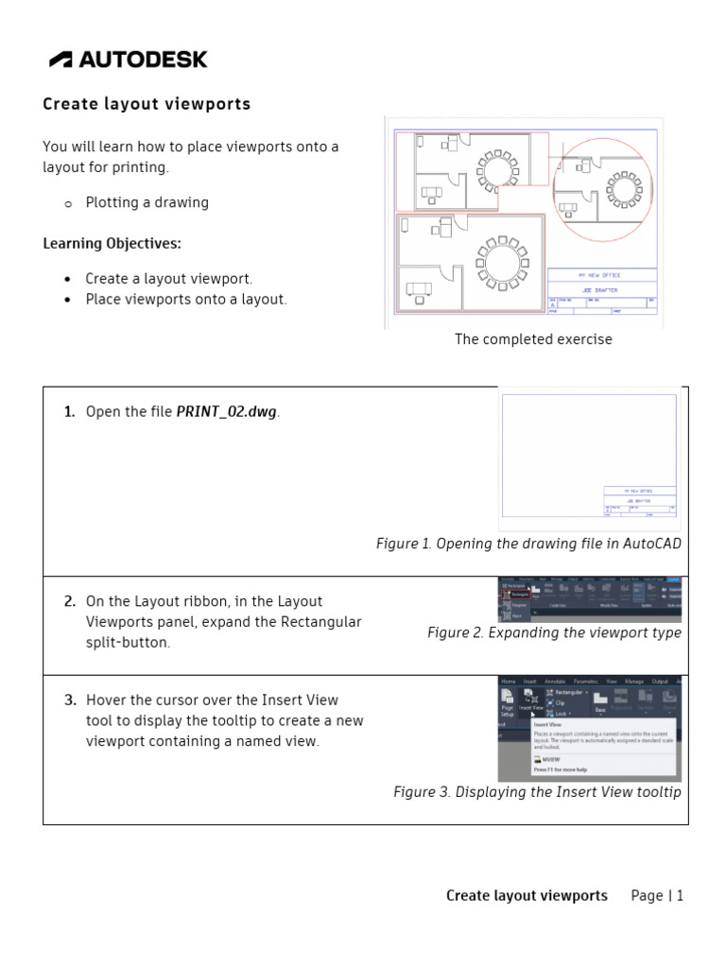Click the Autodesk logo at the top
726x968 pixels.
coord(128,60)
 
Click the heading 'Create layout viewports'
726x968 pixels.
coord(147,104)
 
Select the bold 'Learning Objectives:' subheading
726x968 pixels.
coord(112,244)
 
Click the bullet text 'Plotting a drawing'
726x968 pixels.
coord(147,202)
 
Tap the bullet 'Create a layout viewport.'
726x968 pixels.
coord(168,279)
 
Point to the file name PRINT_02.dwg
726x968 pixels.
coord(227,412)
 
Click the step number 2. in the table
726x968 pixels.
coord(70,601)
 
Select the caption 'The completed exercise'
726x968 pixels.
coord(533,339)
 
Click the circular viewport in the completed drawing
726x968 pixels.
coord(605,188)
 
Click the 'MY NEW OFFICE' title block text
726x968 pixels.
coord(600,274)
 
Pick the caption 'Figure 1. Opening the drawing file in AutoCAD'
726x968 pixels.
coord(528,544)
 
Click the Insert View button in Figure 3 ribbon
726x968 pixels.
coord(531,700)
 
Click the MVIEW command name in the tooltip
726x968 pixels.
coord(552,759)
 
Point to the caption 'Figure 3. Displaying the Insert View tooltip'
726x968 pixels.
coord(537,792)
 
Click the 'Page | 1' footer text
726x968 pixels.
coord(657,895)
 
